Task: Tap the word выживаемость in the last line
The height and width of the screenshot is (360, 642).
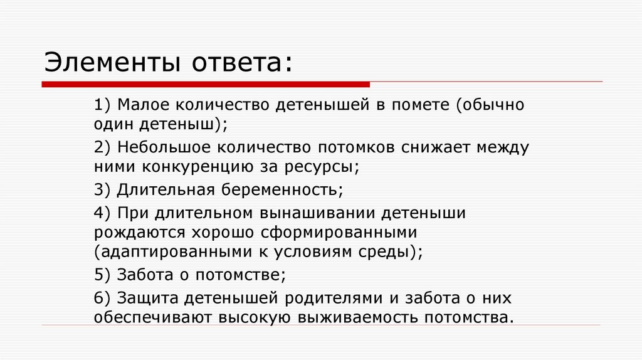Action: click(365, 317)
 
